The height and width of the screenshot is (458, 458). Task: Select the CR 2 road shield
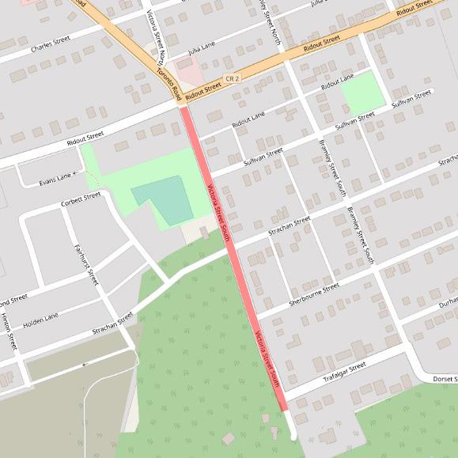(231, 79)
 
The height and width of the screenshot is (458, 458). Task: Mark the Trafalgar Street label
(345, 372)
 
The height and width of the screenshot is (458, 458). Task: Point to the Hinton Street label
(9, 331)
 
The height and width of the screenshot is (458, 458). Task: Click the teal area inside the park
(161, 200)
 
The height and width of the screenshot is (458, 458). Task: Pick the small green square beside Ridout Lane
(363, 92)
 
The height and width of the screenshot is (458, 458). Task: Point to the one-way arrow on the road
(85, 365)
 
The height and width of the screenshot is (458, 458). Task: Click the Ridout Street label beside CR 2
(203, 87)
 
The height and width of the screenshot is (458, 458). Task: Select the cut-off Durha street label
(448, 301)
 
